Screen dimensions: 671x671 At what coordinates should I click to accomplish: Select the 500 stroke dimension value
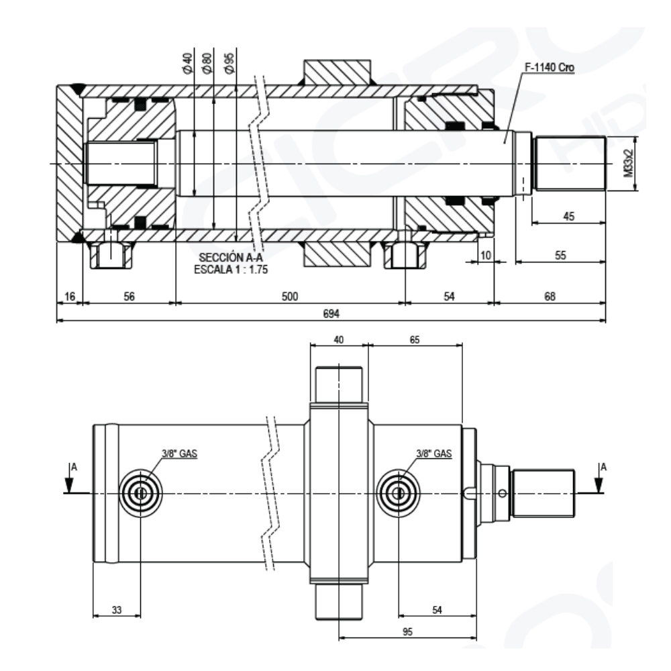(289, 296)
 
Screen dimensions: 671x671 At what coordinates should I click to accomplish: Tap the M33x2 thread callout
(628, 163)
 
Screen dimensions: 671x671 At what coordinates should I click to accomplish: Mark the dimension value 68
(550, 296)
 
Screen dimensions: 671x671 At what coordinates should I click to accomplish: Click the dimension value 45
(568, 217)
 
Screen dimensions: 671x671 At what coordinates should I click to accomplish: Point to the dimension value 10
(485, 256)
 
